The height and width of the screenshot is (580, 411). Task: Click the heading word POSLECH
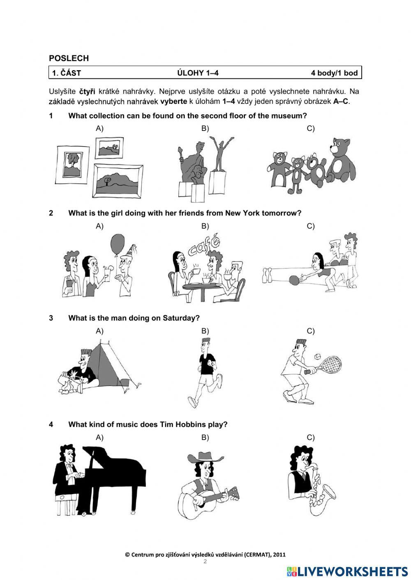pyautogui.click(x=69, y=58)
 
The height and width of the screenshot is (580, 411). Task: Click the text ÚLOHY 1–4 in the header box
pyautogui.click(x=198, y=73)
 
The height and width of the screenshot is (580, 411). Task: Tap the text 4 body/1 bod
pyautogui.click(x=334, y=73)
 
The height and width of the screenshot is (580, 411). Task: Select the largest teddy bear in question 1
pyautogui.click(x=341, y=161)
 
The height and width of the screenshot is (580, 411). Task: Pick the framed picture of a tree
pyautogui.click(x=73, y=161)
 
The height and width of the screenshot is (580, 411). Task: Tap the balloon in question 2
pyautogui.click(x=118, y=245)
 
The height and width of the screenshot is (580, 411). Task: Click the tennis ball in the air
pyautogui.click(x=318, y=357)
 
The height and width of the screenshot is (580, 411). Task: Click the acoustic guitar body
pyautogui.click(x=190, y=502)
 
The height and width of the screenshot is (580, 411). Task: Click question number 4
pyautogui.click(x=51, y=424)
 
